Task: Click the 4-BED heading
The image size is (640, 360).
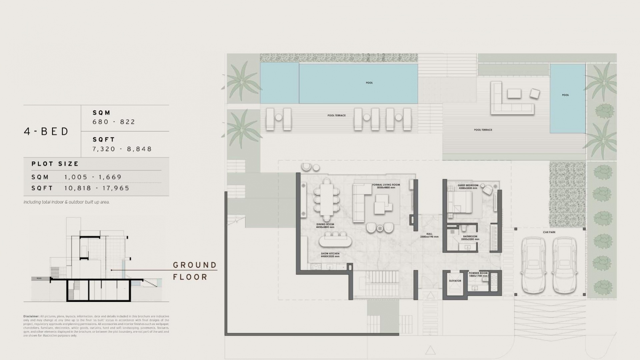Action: (46, 131)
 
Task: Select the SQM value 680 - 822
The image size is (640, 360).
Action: (114, 122)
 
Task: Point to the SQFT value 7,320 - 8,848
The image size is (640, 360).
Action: (122, 149)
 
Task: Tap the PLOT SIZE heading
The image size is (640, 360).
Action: (55, 164)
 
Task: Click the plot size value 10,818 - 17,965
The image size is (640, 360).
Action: (97, 188)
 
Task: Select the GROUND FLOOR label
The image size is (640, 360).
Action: (195, 271)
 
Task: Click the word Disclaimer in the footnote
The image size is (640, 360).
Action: (31, 316)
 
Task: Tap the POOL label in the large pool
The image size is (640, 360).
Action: (369, 83)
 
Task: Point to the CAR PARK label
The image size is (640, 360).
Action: (549, 232)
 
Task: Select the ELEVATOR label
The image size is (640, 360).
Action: (455, 281)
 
